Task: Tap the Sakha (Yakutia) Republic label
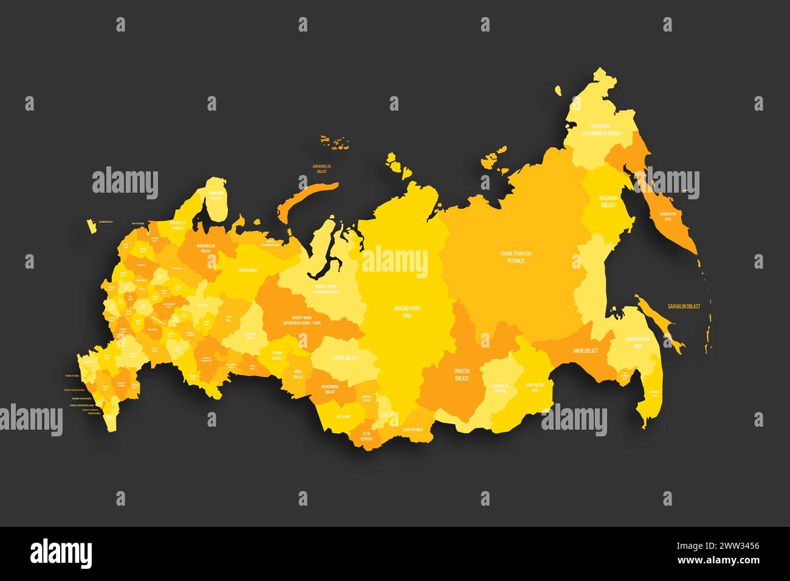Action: pos(512,256)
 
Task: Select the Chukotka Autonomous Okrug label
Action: pos(600,129)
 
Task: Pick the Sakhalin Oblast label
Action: pos(684,307)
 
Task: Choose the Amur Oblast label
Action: pos(585,351)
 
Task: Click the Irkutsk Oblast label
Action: pos(462,374)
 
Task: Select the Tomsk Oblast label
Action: pos(345,357)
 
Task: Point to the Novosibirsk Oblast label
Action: pos(329,390)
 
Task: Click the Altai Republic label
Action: pos(366,435)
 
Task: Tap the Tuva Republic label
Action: pos(413,430)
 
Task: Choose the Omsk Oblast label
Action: pos(297,374)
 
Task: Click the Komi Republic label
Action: pos(247,270)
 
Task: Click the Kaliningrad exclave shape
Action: pos(92,227)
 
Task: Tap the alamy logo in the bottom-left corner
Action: pos(61,552)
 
